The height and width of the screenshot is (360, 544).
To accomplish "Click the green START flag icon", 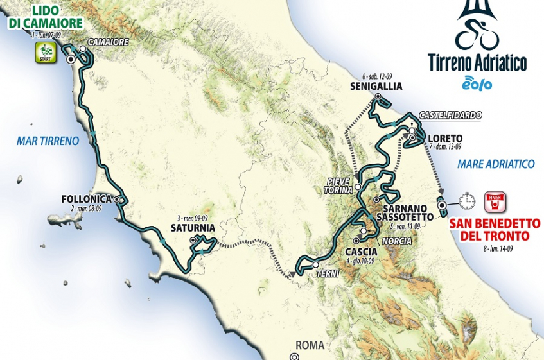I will click(x=42, y=53).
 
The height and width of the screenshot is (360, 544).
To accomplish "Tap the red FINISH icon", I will click(x=495, y=201).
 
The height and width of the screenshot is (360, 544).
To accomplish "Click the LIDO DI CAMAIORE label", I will click(x=45, y=17).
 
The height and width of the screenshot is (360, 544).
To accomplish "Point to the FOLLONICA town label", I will click(x=87, y=199).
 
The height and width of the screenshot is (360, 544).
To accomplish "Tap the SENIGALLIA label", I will click(x=376, y=86).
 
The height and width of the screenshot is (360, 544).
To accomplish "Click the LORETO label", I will click(x=444, y=138).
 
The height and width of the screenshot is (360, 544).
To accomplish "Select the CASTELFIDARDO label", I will click(x=450, y=116).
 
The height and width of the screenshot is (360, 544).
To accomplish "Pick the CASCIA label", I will click(x=360, y=251).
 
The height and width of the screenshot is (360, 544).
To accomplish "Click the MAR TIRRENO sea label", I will click(x=48, y=141).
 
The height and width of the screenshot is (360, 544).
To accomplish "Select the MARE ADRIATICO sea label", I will click(x=496, y=164).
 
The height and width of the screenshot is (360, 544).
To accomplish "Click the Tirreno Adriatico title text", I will click(x=477, y=63).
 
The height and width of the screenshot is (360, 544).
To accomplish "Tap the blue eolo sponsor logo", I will click(x=477, y=83).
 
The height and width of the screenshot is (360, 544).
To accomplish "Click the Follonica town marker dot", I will click(x=117, y=200).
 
